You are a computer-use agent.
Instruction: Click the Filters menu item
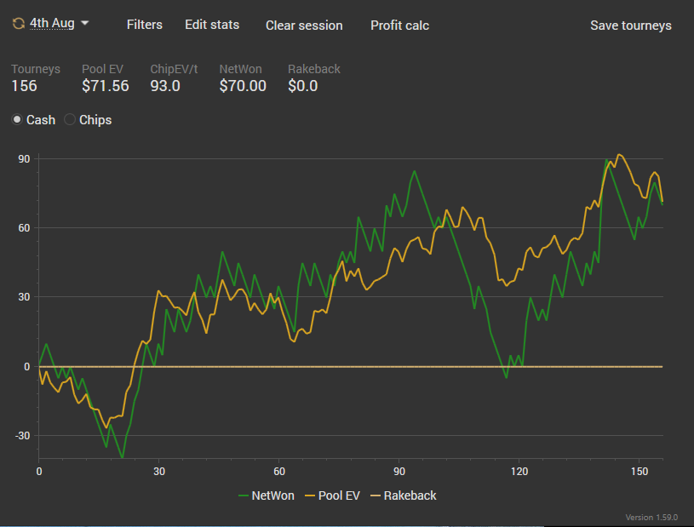[144, 25]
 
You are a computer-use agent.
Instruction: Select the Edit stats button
[212, 25]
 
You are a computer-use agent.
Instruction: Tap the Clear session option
[304, 26]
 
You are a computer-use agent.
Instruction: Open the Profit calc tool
[399, 26]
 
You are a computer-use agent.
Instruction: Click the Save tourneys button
[630, 26]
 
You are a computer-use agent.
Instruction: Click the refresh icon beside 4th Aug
[18, 24]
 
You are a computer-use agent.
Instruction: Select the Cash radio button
[17, 120]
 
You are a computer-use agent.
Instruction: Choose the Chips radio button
[71, 120]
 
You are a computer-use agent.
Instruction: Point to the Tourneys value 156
[24, 86]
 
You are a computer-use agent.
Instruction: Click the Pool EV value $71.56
[105, 86]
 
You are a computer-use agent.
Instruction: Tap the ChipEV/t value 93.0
[165, 86]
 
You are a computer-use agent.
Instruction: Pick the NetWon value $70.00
[243, 86]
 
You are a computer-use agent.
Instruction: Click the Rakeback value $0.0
[302, 86]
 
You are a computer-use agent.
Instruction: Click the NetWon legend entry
[267, 495]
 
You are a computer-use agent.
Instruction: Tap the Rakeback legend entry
[404, 495]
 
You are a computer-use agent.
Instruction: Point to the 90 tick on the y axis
[23, 158]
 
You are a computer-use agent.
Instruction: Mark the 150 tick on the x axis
[638, 470]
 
